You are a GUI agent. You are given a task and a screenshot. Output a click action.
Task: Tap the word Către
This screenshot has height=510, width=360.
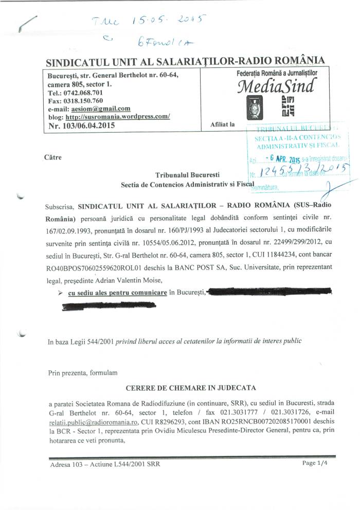[x=53, y=157]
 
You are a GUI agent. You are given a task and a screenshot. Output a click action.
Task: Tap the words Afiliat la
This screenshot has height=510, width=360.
[x=222, y=124]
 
